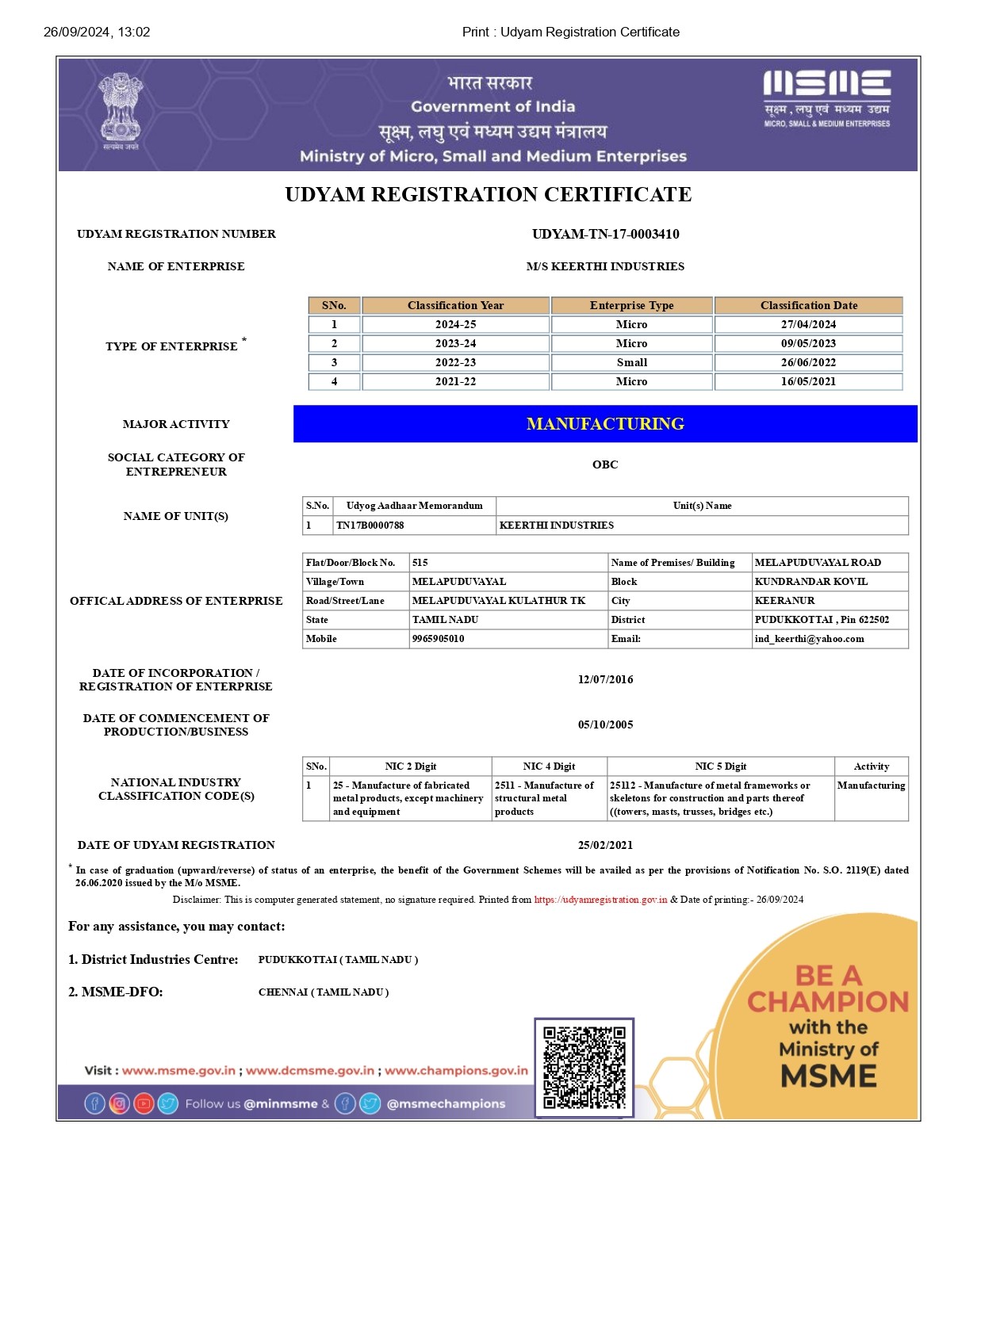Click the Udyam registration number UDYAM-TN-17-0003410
coord(605,234)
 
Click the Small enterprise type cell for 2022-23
coord(631,362)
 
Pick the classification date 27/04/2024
coord(808,324)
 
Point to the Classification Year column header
coord(455,305)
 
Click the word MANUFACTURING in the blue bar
coord(605,424)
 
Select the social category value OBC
coord(605,464)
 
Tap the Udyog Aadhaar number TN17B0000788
coord(370,526)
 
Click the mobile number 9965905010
coord(439,639)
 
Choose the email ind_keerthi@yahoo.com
coord(809,639)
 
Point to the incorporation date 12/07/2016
coord(605,679)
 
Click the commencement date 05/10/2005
coord(605,724)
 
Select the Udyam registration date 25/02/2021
coord(605,845)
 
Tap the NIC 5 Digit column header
coord(720,766)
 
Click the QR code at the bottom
coord(584,1067)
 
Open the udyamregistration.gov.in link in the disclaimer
coord(600,900)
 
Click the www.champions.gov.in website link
coord(456,1070)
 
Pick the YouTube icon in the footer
coord(144,1103)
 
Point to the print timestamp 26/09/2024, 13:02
coord(97,32)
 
